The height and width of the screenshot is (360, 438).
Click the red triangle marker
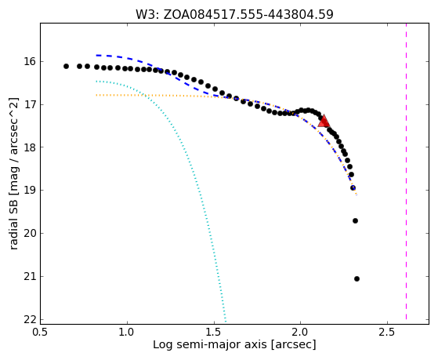(324, 121)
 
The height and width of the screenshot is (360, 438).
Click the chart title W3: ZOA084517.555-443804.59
(234, 14)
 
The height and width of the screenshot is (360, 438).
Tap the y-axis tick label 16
(30, 61)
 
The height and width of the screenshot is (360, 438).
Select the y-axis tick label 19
(30, 191)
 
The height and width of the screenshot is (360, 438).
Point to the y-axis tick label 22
(30, 319)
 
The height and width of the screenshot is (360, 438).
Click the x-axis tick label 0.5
(41, 332)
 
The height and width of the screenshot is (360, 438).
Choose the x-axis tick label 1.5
(214, 332)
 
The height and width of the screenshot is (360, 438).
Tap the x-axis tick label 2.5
(387, 332)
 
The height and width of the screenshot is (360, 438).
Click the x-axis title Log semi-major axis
(209, 345)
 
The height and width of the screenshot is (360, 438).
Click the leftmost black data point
(66, 67)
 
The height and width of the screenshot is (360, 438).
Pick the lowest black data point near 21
(357, 279)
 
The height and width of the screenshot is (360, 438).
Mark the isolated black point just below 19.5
(355, 221)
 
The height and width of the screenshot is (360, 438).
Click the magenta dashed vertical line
(406, 171)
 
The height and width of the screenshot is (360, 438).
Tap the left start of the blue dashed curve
(96, 56)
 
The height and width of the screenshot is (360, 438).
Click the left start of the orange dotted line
(96, 95)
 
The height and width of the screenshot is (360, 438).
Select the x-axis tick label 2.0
(300, 332)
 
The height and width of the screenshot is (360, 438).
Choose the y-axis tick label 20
(30, 233)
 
